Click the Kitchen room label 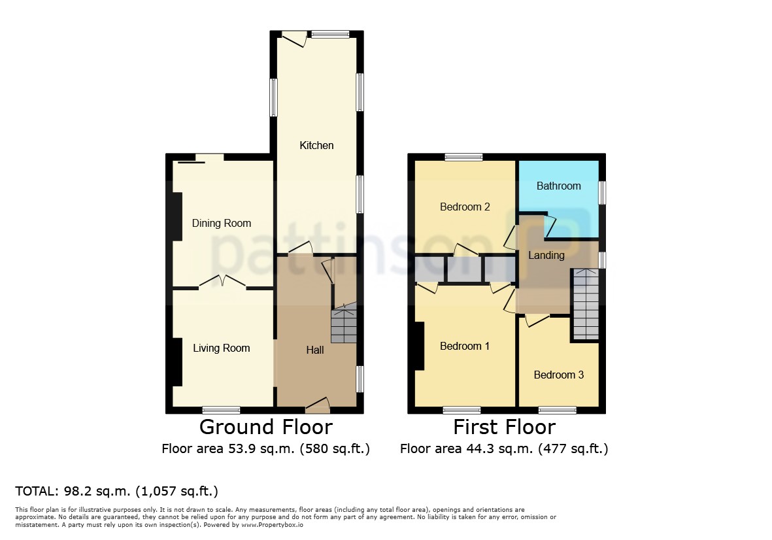(x=316, y=145)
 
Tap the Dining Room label (x=222, y=224)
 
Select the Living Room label (x=222, y=348)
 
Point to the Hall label (x=315, y=350)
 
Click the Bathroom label (x=559, y=186)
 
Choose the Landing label (x=546, y=256)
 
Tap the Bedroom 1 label (x=465, y=346)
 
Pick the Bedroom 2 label (x=465, y=207)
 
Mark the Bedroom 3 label (x=559, y=375)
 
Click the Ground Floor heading (x=266, y=427)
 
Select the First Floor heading (x=505, y=427)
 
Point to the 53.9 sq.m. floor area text (x=266, y=449)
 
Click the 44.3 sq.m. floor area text (x=504, y=449)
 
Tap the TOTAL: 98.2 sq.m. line (x=117, y=491)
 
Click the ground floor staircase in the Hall (x=344, y=326)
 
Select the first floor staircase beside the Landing (x=586, y=304)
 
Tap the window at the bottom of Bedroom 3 (x=558, y=410)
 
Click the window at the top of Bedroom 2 (x=464, y=157)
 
